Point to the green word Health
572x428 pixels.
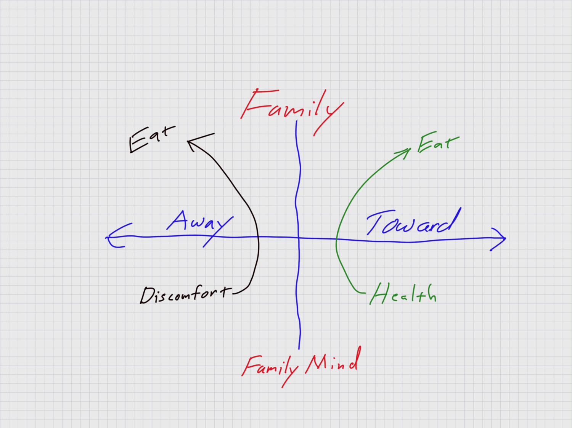[403, 294]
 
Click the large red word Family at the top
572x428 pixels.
[292, 107]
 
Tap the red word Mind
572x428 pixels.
[333, 362]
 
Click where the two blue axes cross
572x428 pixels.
[298, 238]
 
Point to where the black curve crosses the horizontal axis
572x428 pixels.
[259, 237]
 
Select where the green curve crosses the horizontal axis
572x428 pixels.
[336, 239]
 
